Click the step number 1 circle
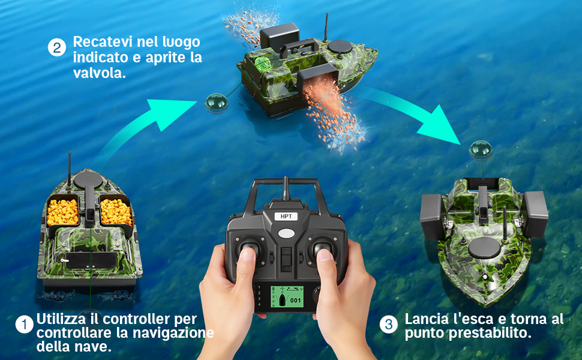(25, 325)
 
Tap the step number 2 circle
(57, 47)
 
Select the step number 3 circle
(389, 325)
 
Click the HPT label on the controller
(286, 217)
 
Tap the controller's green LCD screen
(286, 296)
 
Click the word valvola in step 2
(100, 73)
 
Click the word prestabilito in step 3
(490, 332)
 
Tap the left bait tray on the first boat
(63, 212)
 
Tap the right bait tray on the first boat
(116, 212)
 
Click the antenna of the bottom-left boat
(70, 168)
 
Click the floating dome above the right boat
(481, 150)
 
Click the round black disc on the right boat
(484, 248)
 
